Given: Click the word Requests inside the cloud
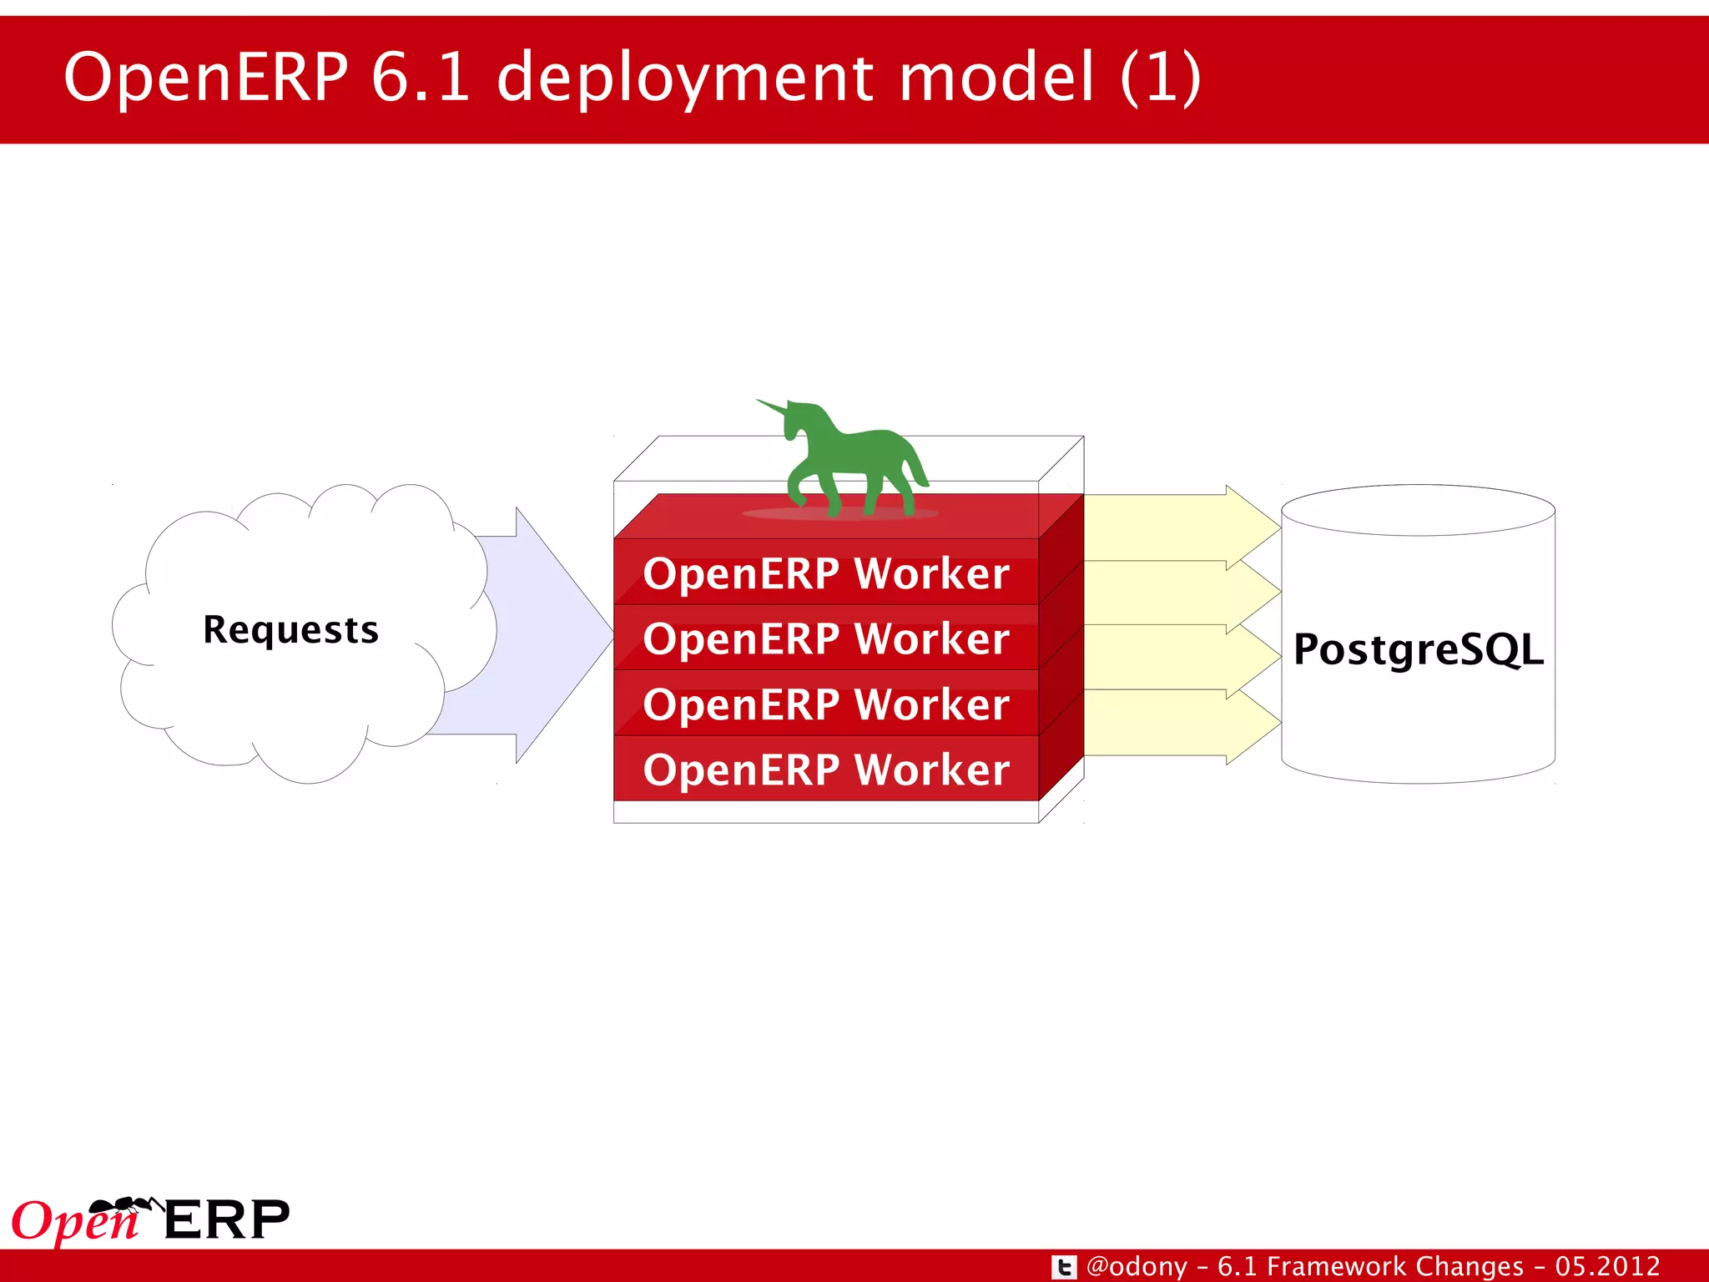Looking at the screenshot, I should [290, 629].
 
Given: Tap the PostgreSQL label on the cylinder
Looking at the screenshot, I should [1418, 649].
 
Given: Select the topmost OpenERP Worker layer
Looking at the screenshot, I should [825, 573].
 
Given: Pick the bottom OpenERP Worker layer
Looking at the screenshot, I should [825, 770].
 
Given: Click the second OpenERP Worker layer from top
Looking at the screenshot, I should [825, 638].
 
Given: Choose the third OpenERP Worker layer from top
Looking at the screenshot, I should [825, 704].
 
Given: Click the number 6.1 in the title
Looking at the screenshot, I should [420, 77].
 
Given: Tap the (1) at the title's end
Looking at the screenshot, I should [1160, 77].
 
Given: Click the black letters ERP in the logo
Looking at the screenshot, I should [226, 1220].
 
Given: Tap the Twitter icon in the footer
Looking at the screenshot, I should [1063, 1267].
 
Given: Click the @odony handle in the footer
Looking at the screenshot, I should [1137, 1266].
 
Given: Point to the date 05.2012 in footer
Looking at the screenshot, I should [1606, 1266].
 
